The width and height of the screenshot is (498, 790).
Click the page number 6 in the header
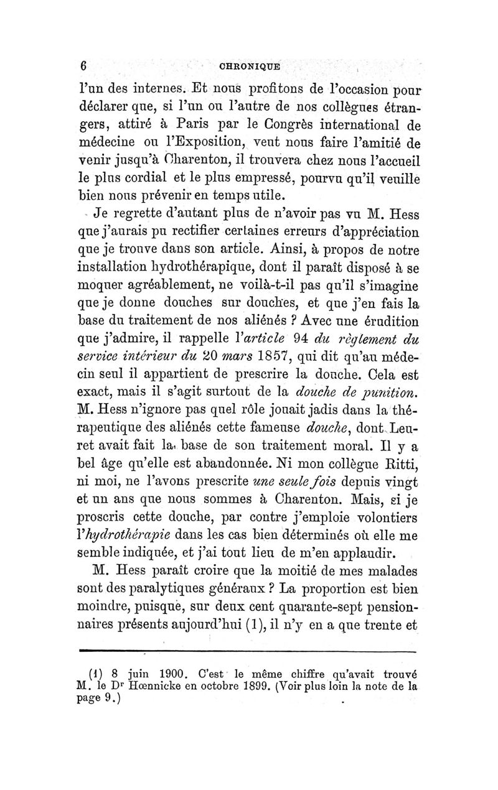coord(82,67)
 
